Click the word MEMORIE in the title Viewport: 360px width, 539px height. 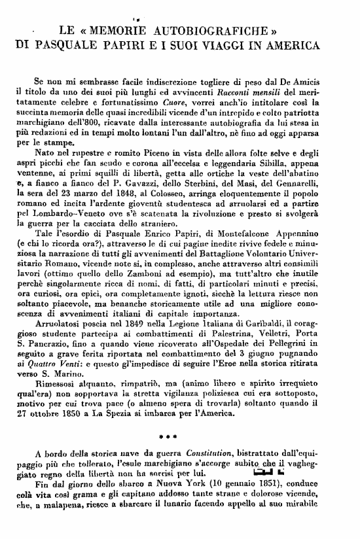[118, 31]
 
